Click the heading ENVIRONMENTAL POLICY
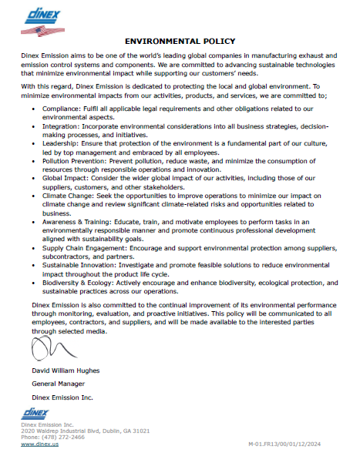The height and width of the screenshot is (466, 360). click(x=180, y=40)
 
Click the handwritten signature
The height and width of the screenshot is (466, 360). click(x=46, y=349)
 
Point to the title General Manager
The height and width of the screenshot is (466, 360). click(x=57, y=383)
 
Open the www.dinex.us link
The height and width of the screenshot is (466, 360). click(x=41, y=444)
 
